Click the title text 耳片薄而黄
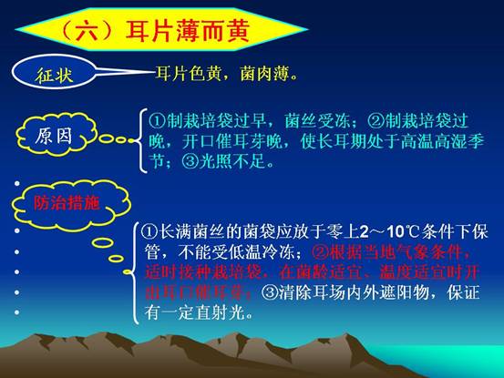pos(188,31)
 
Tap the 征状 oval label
pos(54,72)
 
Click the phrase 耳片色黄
pos(189,74)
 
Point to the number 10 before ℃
pos(395,232)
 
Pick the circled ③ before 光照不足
pos(190,161)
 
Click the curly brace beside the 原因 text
pos(140,140)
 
